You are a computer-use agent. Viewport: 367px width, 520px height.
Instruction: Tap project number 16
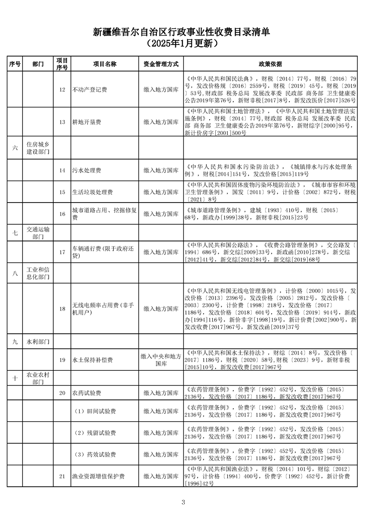coord(62,214)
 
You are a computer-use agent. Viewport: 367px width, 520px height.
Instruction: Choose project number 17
coord(62,252)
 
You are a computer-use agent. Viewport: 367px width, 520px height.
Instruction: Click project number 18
coord(62,309)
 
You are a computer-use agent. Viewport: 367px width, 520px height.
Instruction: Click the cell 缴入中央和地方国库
coord(161,360)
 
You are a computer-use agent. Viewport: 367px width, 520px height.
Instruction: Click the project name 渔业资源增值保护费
coord(99,476)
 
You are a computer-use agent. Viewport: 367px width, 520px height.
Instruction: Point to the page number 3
coord(183,502)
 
